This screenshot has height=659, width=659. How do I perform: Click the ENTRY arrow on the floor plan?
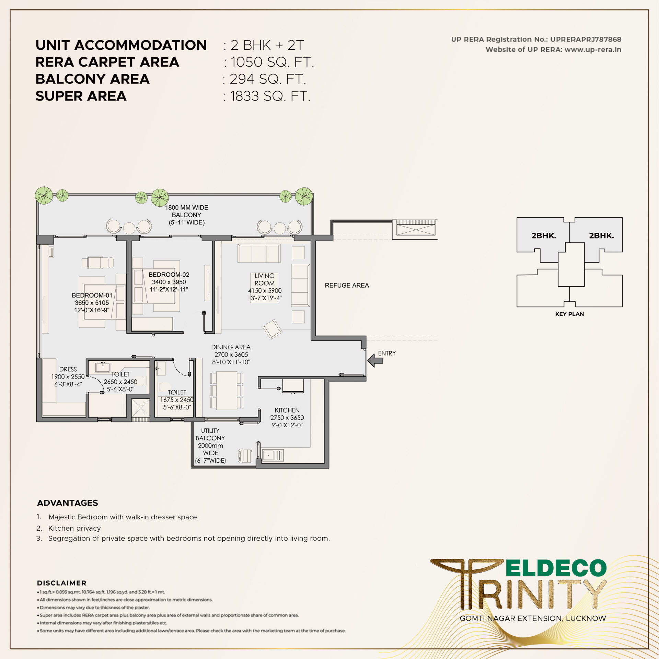[375, 361]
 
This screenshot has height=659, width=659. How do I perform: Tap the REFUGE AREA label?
[347, 285]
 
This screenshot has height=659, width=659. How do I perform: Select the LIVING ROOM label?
[264, 279]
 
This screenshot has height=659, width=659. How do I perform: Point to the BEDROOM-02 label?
[169, 275]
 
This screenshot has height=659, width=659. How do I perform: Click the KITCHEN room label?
[287, 410]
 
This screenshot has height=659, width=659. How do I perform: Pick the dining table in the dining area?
[227, 390]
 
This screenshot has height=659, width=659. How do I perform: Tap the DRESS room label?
[68, 369]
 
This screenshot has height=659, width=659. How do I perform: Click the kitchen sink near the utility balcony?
[273, 455]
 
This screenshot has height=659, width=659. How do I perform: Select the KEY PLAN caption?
[569, 314]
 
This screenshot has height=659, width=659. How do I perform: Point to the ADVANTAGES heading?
[68, 503]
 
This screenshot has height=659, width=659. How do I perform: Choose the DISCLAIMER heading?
[62, 583]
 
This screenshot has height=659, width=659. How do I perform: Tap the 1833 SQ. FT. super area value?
[270, 96]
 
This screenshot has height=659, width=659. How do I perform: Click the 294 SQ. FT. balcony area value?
[268, 79]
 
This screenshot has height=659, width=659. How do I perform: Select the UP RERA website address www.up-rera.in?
[593, 49]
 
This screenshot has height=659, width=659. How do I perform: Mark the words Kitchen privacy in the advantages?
[74, 528]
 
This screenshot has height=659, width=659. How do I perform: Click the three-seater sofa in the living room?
[259, 254]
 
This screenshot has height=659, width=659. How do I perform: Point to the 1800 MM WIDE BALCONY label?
[186, 215]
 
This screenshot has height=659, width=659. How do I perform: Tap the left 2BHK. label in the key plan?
[544, 235]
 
